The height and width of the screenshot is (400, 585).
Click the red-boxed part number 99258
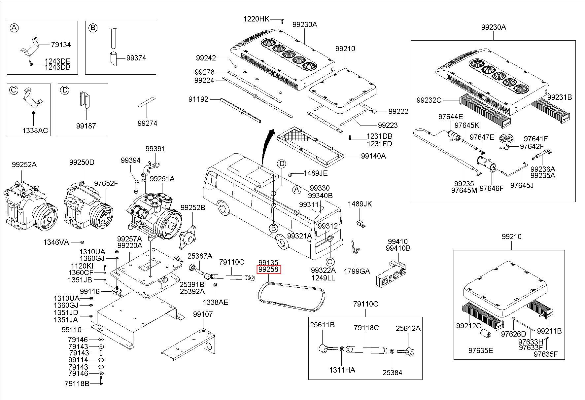(269, 270)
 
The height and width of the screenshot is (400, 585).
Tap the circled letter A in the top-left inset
(14, 28)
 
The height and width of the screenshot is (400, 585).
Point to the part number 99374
(136, 58)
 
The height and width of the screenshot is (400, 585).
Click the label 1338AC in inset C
(35, 130)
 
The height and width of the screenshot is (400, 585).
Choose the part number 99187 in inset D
(86, 126)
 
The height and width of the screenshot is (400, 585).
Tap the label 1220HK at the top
(256, 19)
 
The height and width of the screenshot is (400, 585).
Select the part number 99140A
(373, 156)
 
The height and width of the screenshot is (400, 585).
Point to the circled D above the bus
(281, 164)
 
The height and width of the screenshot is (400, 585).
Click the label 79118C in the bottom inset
(366, 328)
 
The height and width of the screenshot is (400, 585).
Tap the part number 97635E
(480, 350)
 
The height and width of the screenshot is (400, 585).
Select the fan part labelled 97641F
(507, 138)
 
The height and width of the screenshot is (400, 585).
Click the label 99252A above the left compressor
(24, 164)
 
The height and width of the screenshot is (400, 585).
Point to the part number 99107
(203, 314)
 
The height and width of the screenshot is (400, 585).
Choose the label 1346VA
(56, 242)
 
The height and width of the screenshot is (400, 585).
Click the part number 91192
(198, 99)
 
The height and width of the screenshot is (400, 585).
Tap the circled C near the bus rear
(330, 262)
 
